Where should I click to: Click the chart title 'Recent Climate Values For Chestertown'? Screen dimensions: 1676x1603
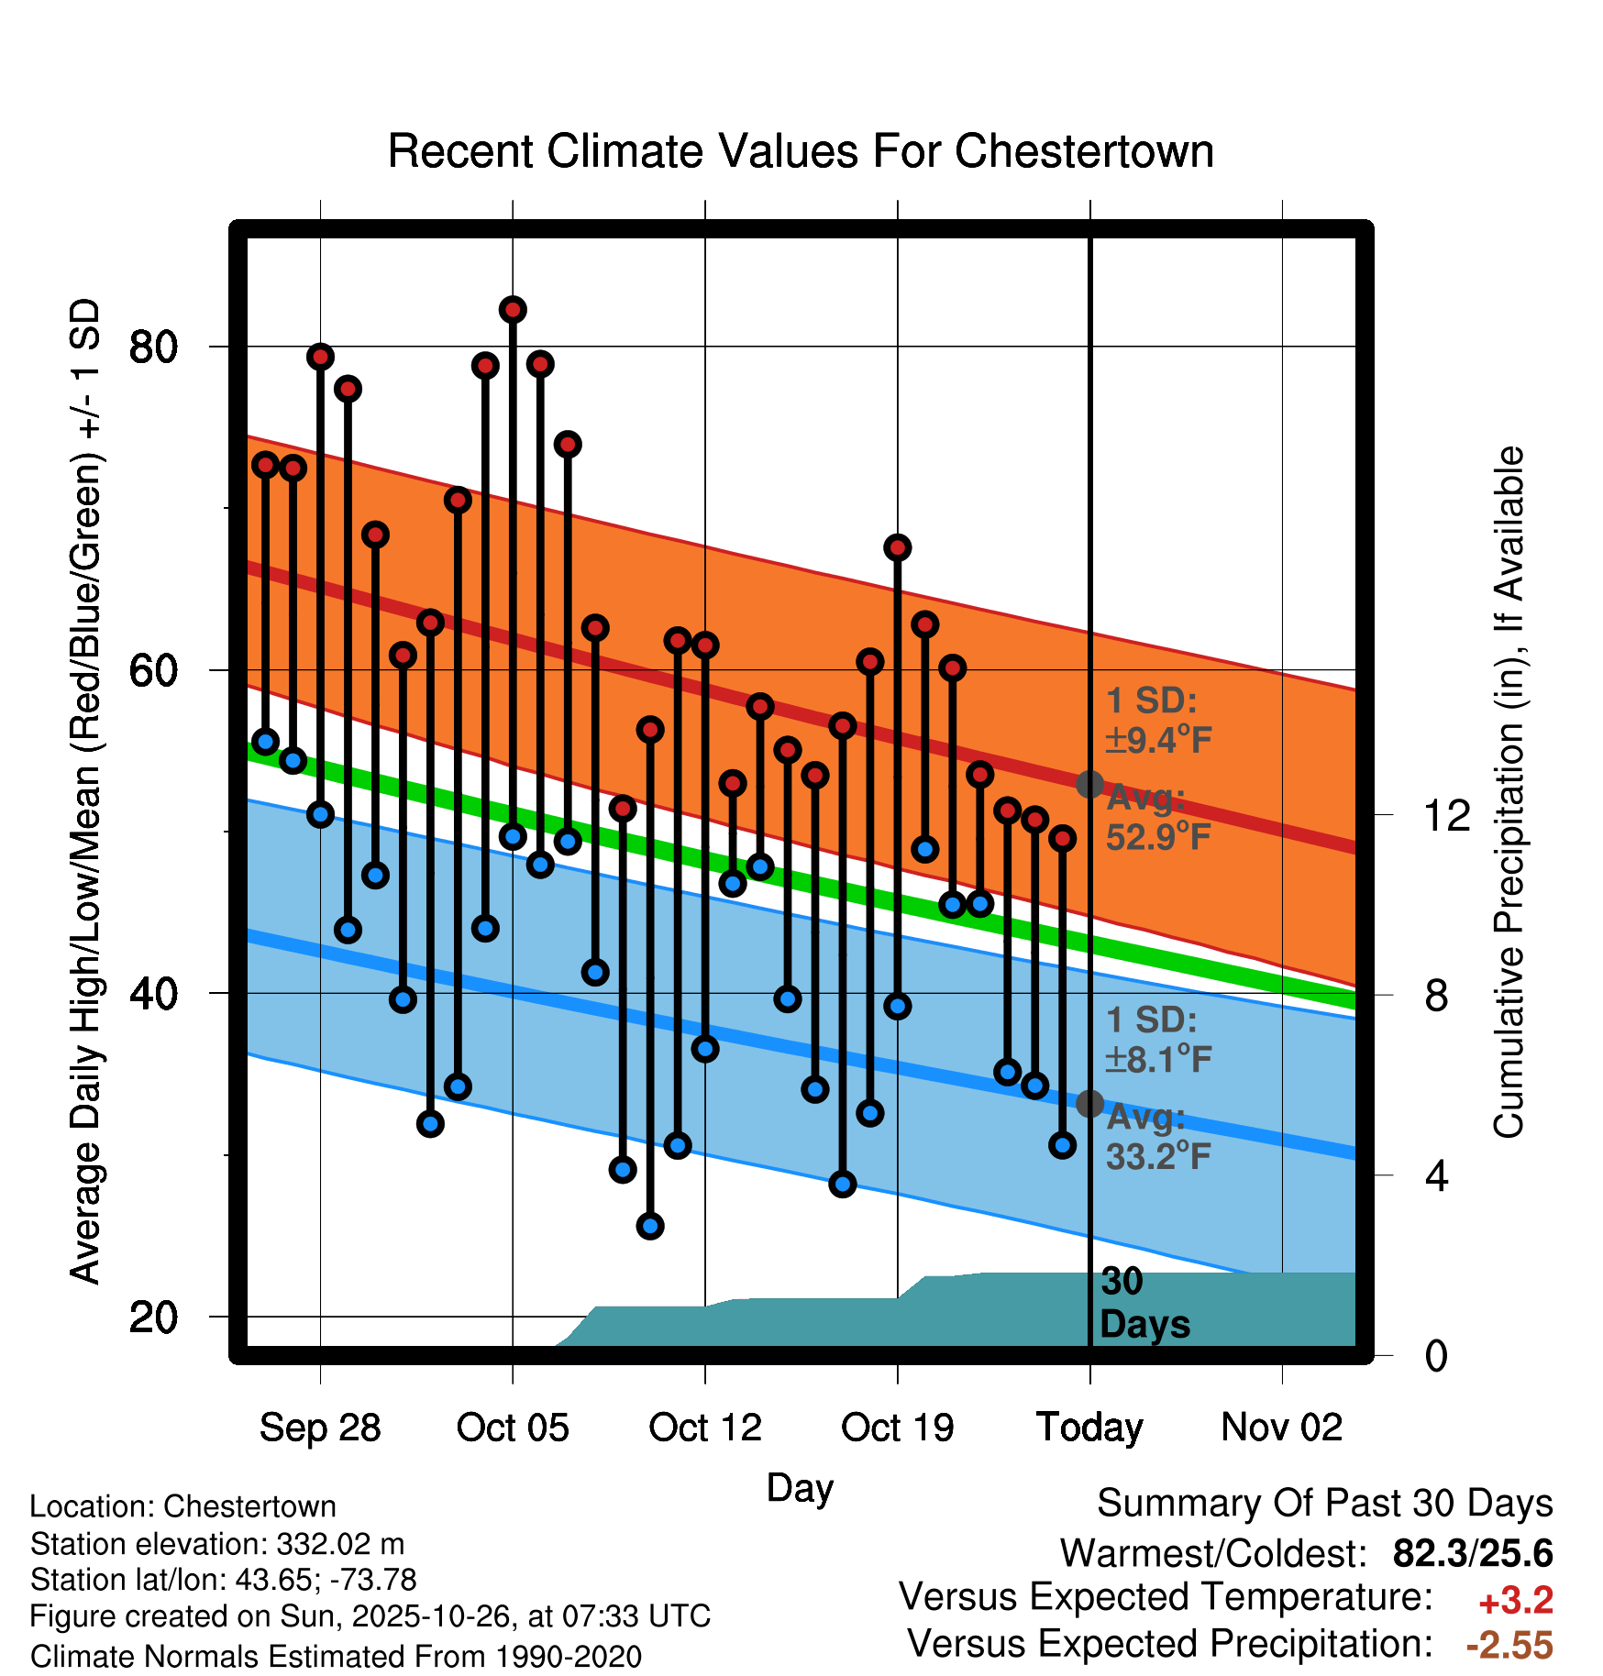pyautogui.click(x=801, y=151)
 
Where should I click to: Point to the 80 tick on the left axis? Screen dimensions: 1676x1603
pyautogui.click(x=153, y=347)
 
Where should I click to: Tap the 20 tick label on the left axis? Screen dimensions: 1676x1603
pyautogui.click(x=153, y=1318)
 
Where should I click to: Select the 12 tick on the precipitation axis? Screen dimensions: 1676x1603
pyautogui.click(x=1447, y=815)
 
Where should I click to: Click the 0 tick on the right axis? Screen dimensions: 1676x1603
pyautogui.click(x=1436, y=1356)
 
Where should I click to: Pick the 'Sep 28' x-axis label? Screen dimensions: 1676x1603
pyautogui.click(x=320, y=1428)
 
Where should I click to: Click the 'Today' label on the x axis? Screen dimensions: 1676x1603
pyautogui.click(x=1089, y=1428)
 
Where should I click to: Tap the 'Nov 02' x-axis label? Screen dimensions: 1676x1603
pyautogui.click(x=1282, y=1428)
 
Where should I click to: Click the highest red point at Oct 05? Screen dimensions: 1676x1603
pyautogui.click(x=513, y=310)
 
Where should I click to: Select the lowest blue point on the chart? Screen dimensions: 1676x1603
pyautogui.click(x=650, y=1226)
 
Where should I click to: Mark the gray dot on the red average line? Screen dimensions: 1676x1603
pyautogui.click(x=1089, y=784)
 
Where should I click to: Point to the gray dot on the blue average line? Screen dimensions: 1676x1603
pyautogui.click(x=1089, y=1103)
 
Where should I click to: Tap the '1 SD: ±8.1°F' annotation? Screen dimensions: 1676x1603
pyautogui.click(x=1157, y=1040)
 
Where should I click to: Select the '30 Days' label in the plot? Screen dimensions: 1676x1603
pyautogui.click(x=1144, y=1303)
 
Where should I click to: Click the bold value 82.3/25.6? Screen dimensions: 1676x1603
pyautogui.click(x=1473, y=1553)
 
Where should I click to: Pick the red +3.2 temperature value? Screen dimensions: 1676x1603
pyautogui.click(x=1516, y=1601)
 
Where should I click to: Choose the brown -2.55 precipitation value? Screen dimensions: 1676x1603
pyautogui.click(x=1509, y=1646)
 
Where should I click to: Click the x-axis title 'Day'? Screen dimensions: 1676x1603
pyautogui.click(x=800, y=1487)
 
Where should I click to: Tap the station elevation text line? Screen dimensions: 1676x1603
pyautogui.click(x=217, y=1544)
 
